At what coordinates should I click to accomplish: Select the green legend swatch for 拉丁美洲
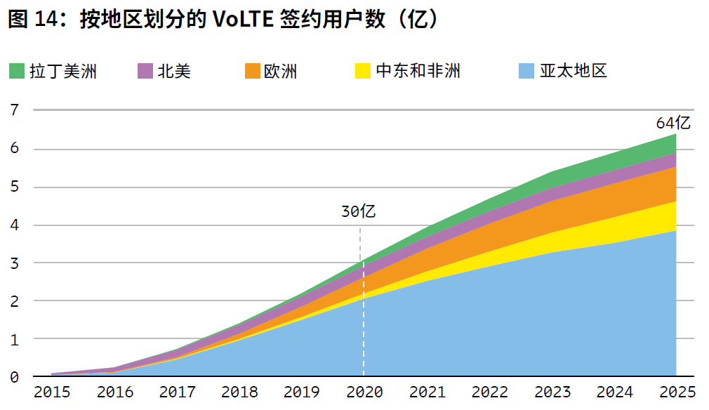coord(16,71)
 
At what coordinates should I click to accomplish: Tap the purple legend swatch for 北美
coord(145,71)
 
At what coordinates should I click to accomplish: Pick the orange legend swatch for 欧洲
coord(253,71)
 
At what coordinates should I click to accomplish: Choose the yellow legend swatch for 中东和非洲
coord(362,71)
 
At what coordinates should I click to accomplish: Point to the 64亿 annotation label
coord(674,123)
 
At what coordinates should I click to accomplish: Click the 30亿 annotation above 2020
coord(359,211)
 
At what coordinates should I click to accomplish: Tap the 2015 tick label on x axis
coord(52,392)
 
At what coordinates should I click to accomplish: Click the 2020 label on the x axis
coord(364,392)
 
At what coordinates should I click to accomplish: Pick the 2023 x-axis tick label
coord(552,392)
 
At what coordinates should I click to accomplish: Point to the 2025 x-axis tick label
coord(676,392)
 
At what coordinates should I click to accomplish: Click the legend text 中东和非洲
coord(418,71)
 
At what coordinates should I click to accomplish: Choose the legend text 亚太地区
coord(573,71)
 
